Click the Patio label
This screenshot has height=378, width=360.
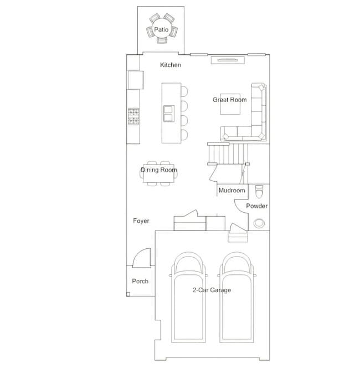[x=161, y=29]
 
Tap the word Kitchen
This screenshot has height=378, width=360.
[x=171, y=65]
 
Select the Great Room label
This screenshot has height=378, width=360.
[x=229, y=100]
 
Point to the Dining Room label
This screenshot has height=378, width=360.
[x=159, y=170]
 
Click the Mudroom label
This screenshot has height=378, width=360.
[x=232, y=191]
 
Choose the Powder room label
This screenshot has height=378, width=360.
[x=256, y=206]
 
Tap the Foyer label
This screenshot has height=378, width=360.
[x=141, y=221]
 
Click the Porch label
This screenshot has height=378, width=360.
[x=140, y=281]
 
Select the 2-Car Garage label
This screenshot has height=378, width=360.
[x=212, y=290]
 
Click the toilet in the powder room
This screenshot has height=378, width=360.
[x=259, y=191]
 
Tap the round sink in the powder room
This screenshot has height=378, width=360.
[x=259, y=223]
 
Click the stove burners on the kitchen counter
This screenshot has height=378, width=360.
[x=133, y=117]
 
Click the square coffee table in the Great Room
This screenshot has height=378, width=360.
[x=231, y=104]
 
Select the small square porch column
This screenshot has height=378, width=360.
[x=129, y=294]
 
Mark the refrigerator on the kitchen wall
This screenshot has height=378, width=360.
[x=135, y=80]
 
